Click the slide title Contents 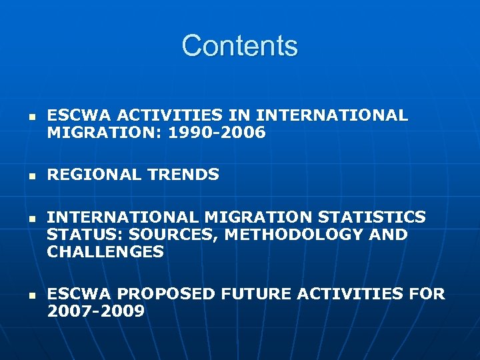tap(239, 46)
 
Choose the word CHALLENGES tap(105, 252)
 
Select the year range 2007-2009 tap(96, 311)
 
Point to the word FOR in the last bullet tap(428, 294)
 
